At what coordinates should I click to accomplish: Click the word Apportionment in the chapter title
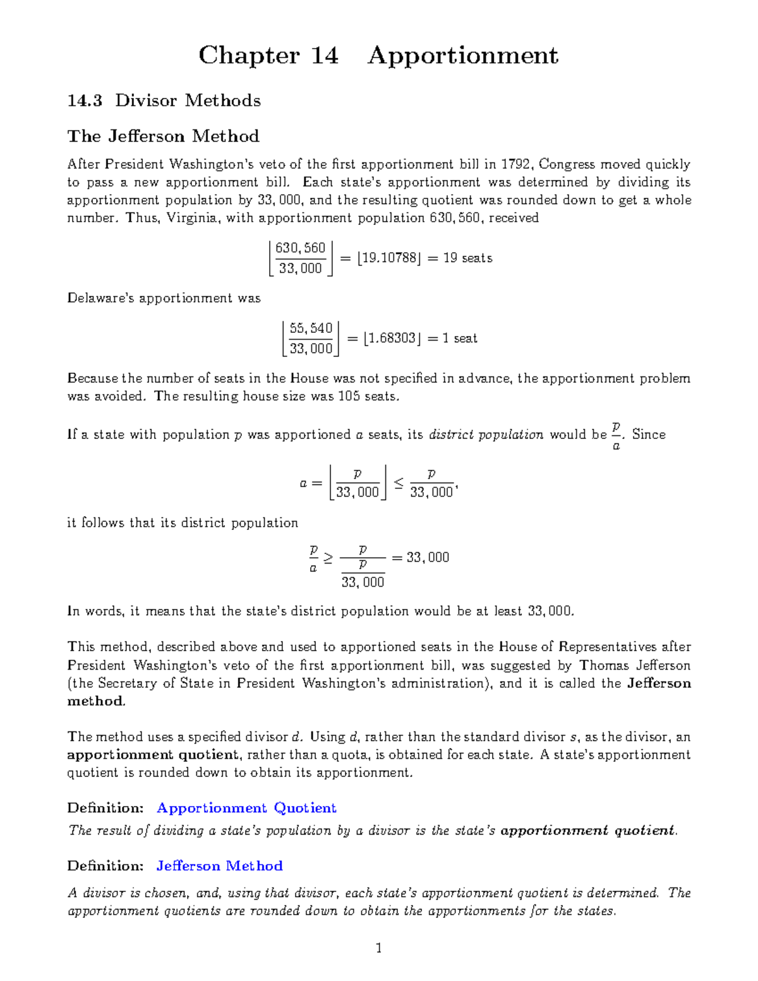[463, 56]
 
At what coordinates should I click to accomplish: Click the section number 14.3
[85, 101]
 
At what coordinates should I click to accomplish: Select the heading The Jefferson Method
[163, 136]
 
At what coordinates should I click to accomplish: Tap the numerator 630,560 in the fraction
[300, 248]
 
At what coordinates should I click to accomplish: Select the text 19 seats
[467, 258]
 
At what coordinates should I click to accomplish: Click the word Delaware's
[101, 298]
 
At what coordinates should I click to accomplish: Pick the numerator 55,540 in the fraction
[311, 328]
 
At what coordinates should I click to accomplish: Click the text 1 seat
[460, 338]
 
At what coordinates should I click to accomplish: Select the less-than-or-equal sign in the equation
[399, 483]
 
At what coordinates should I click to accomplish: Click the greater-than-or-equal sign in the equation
[327, 558]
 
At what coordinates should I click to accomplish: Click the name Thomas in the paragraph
[605, 666]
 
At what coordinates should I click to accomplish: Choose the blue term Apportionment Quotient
[246, 808]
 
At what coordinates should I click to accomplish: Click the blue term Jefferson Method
[219, 866]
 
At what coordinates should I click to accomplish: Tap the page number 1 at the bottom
[378, 948]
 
